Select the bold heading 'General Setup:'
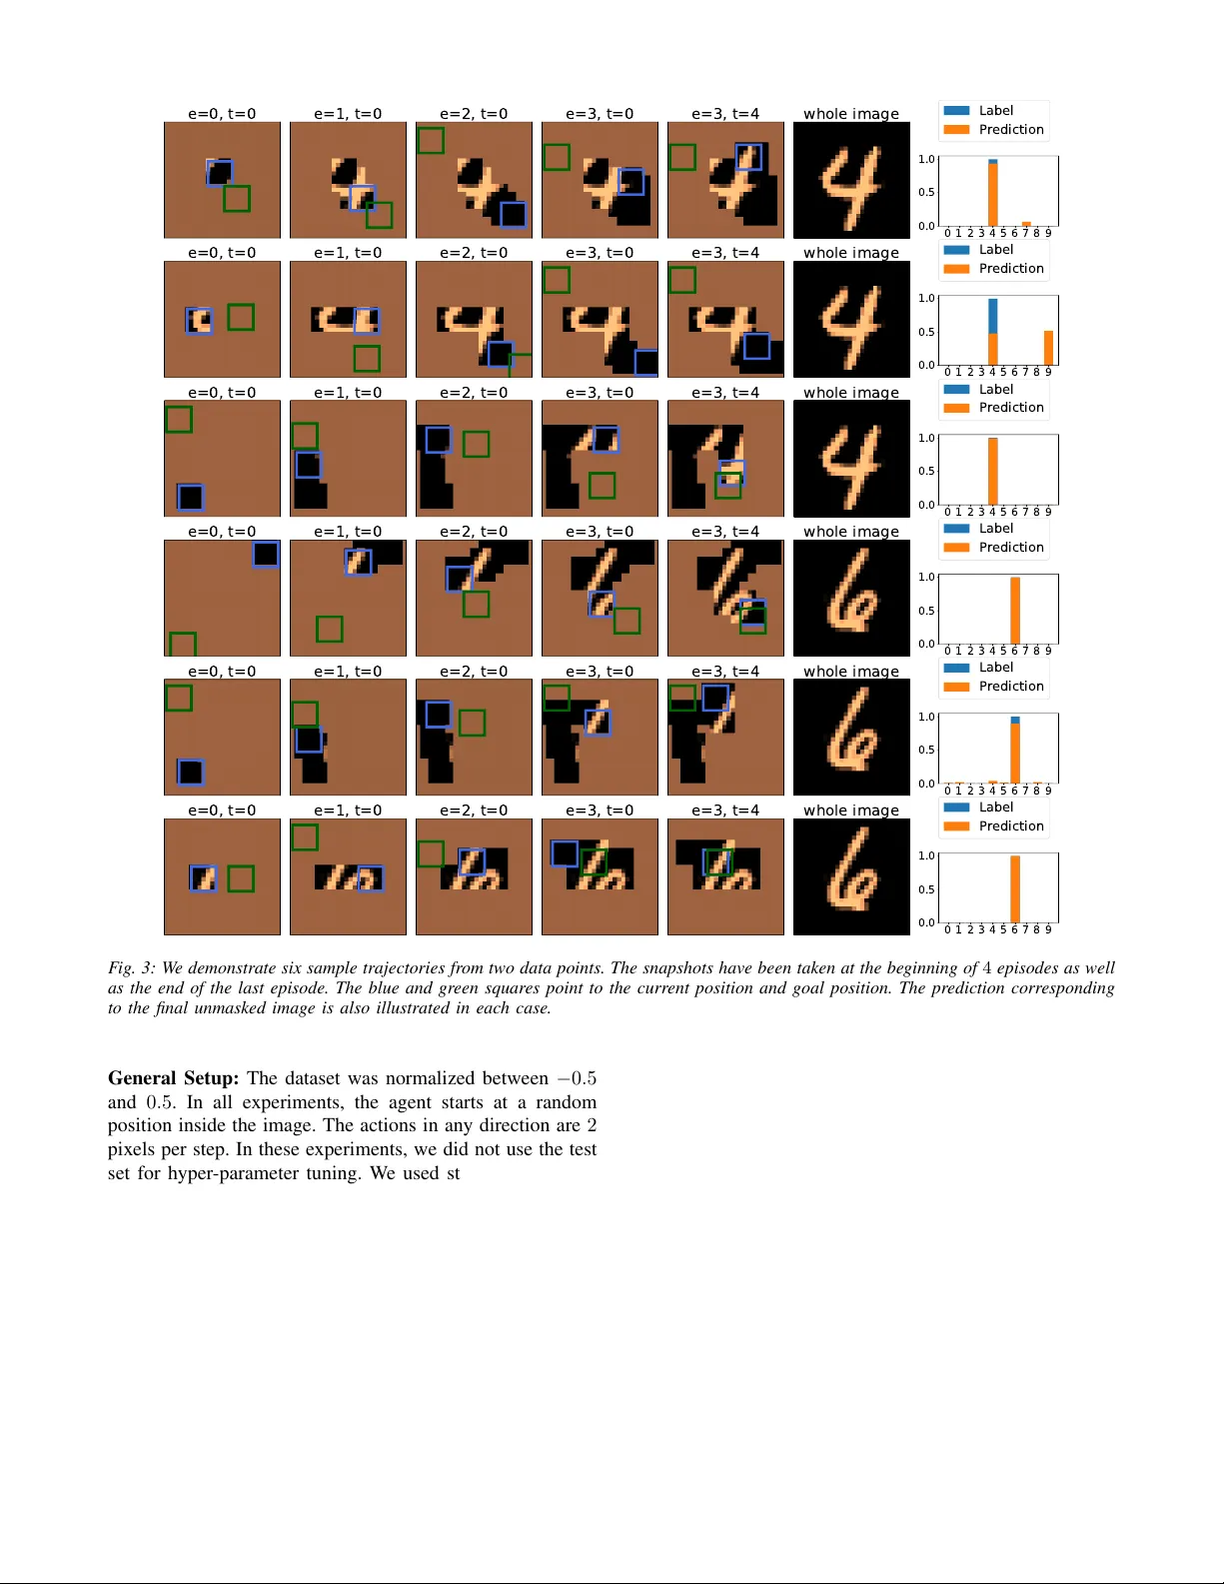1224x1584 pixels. point(173,1078)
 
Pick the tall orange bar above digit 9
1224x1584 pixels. point(1048,348)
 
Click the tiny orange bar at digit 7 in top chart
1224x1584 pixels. point(1026,224)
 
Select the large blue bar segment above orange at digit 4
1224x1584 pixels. point(993,316)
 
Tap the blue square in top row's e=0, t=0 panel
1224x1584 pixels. point(220,173)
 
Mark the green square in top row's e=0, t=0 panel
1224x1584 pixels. point(237,198)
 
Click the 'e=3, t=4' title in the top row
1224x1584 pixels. point(724,114)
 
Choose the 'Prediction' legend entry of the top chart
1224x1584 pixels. point(1010,130)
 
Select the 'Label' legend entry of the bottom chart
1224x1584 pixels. point(995,807)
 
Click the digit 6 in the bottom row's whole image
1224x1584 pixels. point(850,874)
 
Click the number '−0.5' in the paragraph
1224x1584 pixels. point(577,1078)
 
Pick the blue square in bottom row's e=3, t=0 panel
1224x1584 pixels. point(565,852)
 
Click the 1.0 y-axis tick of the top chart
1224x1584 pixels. point(926,159)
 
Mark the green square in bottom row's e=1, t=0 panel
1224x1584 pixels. point(305,836)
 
